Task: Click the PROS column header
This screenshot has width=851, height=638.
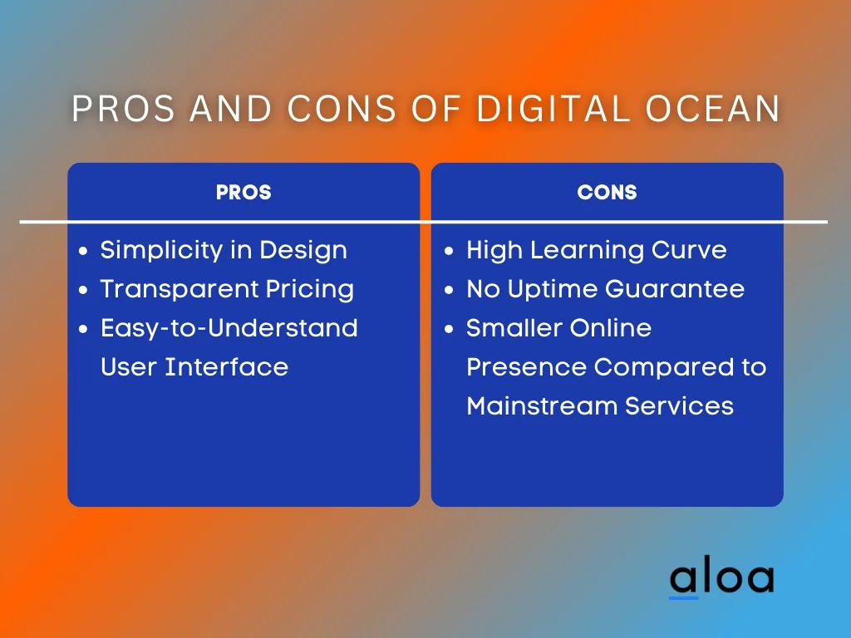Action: tap(243, 192)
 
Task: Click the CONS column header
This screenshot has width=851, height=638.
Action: tap(607, 192)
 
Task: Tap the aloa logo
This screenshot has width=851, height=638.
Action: tap(721, 579)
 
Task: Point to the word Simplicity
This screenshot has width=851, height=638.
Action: tap(153, 250)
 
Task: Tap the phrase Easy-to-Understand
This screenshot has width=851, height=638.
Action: tap(229, 328)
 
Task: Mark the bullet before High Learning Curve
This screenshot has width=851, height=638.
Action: tap(449, 251)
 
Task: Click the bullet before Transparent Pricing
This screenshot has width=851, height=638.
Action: tap(82, 290)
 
